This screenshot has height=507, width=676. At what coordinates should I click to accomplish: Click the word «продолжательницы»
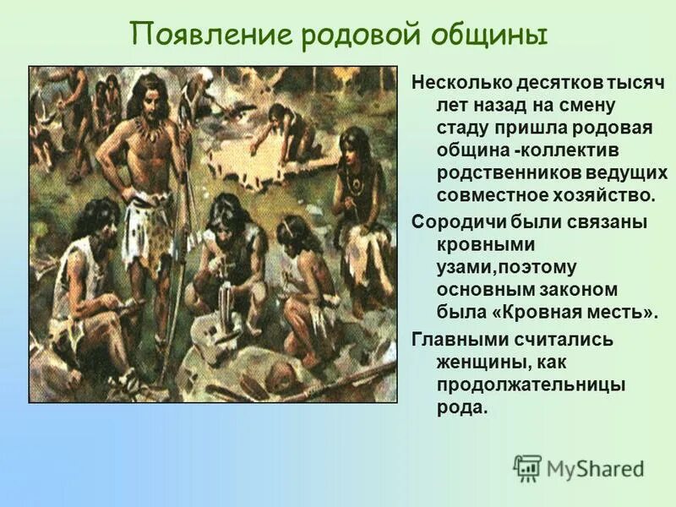click(x=531, y=384)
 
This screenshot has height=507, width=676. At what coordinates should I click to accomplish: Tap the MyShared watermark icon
click(x=528, y=467)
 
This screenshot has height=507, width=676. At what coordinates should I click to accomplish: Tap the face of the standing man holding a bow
click(x=153, y=95)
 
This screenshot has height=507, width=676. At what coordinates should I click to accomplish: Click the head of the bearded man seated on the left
click(x=101, y=223)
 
